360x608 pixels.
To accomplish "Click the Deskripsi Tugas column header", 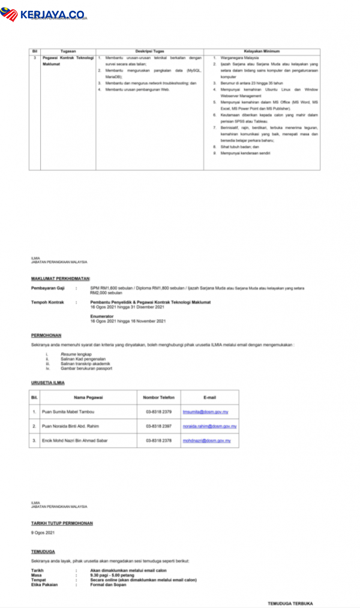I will click(x=149, y=52).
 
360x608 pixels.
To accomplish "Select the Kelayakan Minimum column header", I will click(x=262, y=52).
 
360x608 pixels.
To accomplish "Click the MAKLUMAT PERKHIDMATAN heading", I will click(x=61, y=279).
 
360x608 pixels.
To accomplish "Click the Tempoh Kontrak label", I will click(x=47, y=302).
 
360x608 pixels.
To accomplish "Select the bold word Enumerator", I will click(x=102, y=316).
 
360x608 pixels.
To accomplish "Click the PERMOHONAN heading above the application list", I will click(x=46, y=335).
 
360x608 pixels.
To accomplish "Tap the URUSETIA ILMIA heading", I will click(x=48, y=382).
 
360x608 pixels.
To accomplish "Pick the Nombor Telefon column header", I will click(x=158, y=397).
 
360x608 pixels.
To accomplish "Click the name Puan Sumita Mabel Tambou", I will click(x=68, y=412).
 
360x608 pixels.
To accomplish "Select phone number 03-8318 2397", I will click(x=158, y=426).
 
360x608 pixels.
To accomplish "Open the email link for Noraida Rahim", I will click(x=209, y=426).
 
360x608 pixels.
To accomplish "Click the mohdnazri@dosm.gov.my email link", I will click(x=207, y=441).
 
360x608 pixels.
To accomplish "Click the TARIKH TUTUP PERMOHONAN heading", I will click(x=62, y=523).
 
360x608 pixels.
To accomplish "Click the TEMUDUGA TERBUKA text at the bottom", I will click(x=290, y=603).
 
